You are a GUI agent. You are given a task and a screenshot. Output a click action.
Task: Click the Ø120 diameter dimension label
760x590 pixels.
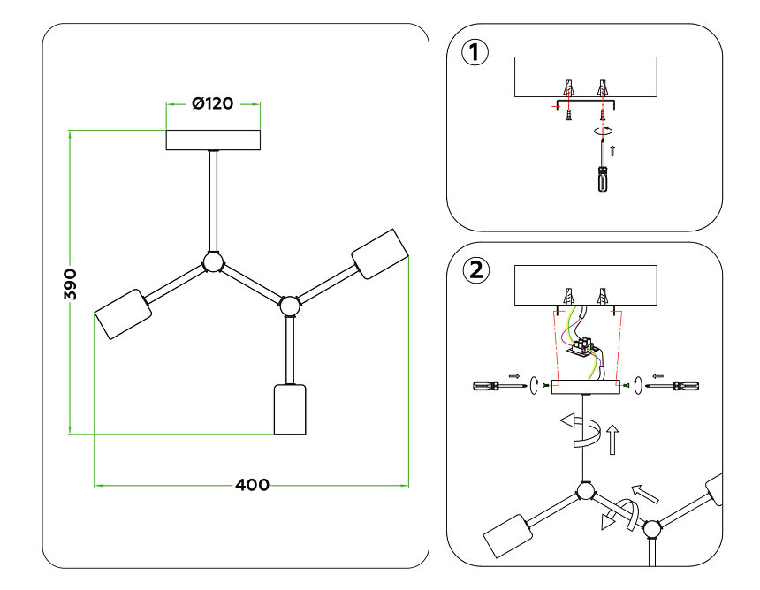click(213, 103)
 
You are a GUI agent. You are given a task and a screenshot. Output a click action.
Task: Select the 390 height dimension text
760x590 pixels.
click(72, 284)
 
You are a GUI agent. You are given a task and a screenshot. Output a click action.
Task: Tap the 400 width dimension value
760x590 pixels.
click(252, 485)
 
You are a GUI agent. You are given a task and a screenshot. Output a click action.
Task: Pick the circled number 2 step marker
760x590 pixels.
click(475, 269)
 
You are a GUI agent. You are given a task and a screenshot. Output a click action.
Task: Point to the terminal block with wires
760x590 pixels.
click(583, 345)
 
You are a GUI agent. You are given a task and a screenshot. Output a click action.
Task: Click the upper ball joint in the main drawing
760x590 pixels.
click(213, 262)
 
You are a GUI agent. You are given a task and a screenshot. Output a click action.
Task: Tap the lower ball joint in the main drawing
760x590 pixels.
click(289, 306)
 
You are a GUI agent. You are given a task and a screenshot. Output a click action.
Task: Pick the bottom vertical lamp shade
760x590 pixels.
click(289, 410)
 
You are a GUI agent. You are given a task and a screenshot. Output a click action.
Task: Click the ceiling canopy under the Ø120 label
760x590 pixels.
click(213, 140)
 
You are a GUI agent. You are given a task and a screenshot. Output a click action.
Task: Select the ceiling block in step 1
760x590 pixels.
click(585, 76)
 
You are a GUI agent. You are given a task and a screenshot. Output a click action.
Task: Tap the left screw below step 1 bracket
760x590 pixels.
click(570, 114)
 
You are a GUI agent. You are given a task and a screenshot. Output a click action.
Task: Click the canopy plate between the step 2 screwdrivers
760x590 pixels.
click(586, 385)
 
